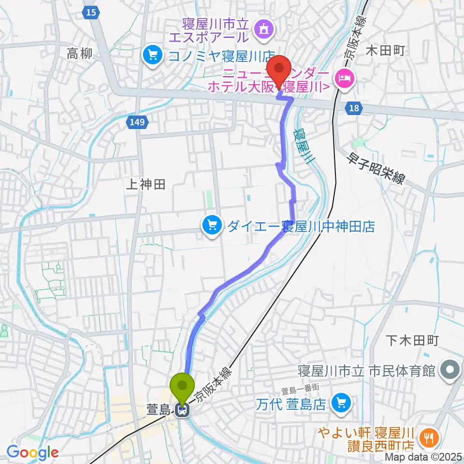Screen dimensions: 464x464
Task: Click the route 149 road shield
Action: tap(137, 123)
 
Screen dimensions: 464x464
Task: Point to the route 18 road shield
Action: tap(354, 108)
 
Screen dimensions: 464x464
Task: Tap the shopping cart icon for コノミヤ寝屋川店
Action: tap(152, 55)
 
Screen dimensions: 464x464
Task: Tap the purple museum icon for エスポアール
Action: tap(266, 29)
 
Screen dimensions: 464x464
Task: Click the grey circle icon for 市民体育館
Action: tap(450, 371)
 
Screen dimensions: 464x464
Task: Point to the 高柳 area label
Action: tap(79, 54)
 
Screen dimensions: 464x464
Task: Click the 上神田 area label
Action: tap(145, 183)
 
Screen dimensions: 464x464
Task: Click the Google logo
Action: tap(32, 452)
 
